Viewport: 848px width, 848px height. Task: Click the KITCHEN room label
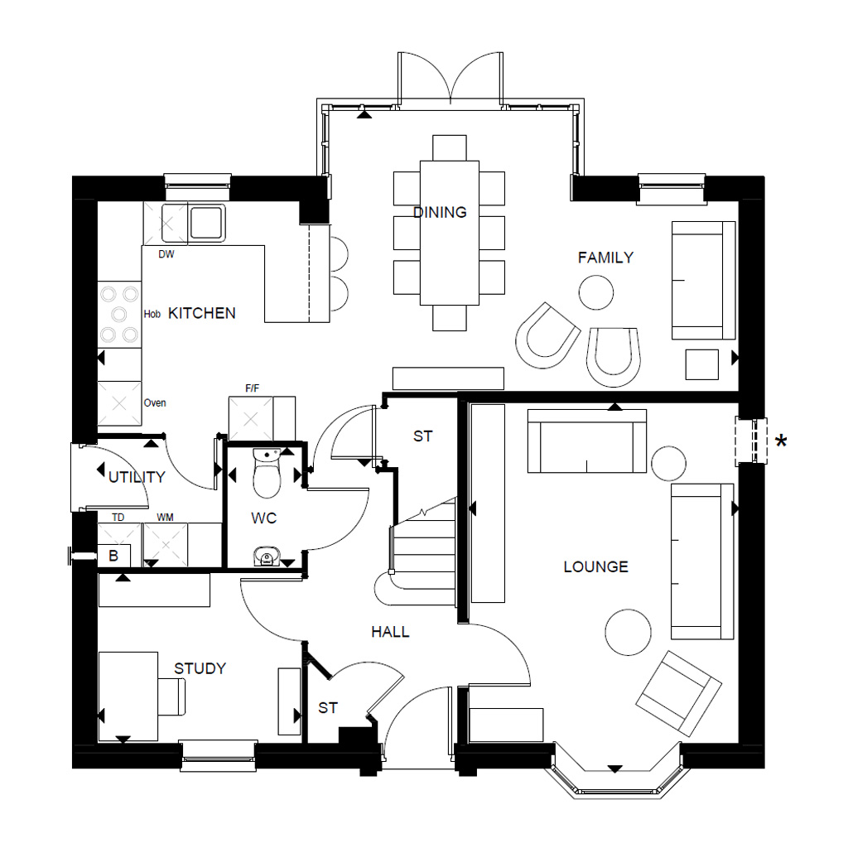point(202,313)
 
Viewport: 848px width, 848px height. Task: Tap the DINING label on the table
point(440,212)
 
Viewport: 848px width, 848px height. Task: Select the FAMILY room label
point(605,258)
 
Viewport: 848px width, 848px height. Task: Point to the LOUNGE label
point(595,566)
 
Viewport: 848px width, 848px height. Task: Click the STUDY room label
point(200,668)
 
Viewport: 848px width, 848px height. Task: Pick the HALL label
point(390,632)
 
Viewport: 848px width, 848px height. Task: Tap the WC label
point(264,518)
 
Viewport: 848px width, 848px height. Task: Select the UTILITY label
point(137,477)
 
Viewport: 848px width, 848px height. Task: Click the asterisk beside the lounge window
point(780,441)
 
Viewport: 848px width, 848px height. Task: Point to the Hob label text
point(152,315)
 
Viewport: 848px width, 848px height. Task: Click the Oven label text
point(155,403)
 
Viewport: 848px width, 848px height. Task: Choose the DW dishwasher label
point(166,255)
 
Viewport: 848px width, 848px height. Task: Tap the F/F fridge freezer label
point(253,388)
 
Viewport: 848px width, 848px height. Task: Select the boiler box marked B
point(113,556)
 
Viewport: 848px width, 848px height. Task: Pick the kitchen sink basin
point(205,222)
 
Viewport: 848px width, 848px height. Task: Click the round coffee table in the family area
point(596,291)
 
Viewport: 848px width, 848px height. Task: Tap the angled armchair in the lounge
point(677,693)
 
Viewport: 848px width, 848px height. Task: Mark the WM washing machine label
point(166,518)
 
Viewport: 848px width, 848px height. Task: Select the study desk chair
point(172,696)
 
